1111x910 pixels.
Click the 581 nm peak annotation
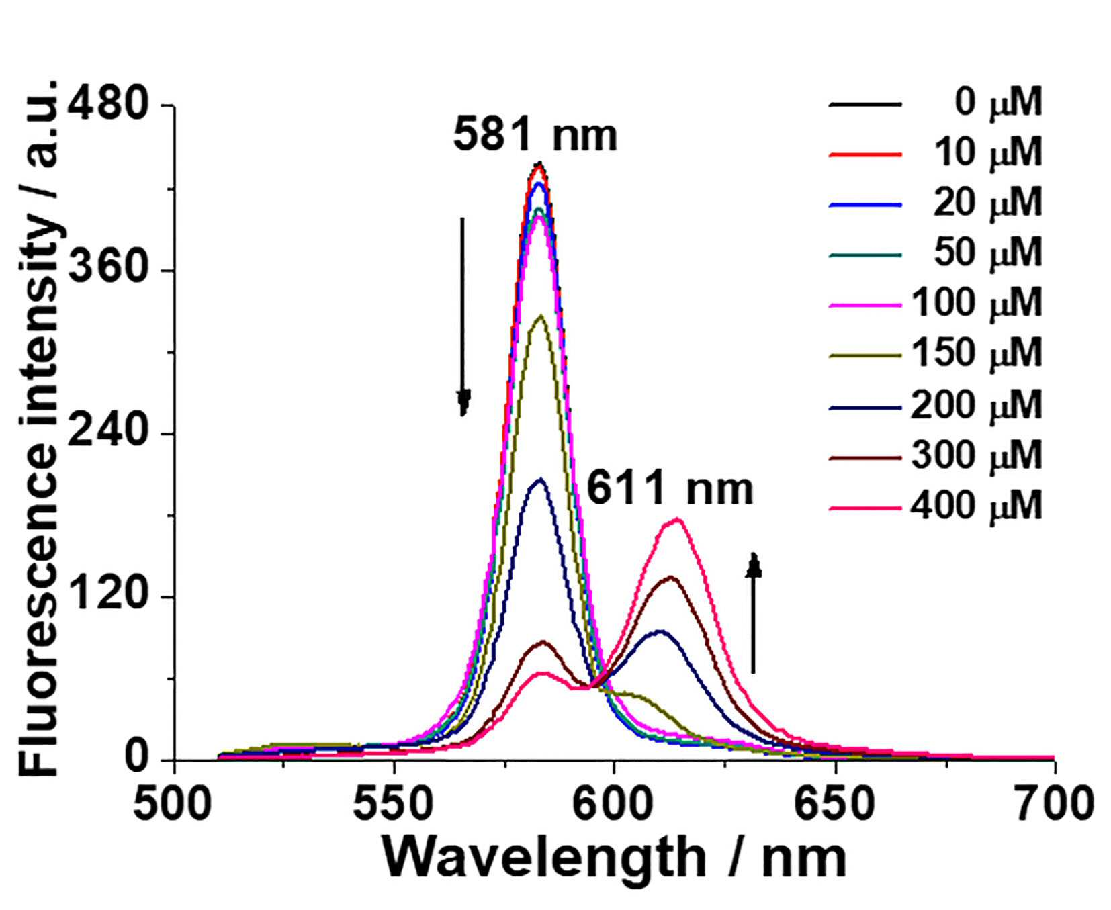535,135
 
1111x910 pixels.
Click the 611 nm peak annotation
670,489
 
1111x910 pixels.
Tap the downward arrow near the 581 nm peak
463,316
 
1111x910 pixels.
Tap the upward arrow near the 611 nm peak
754,612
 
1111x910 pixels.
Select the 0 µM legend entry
936,104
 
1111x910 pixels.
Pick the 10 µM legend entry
936,154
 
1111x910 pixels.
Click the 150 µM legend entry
936,354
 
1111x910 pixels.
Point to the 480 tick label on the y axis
111,106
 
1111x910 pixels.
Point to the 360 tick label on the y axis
111,270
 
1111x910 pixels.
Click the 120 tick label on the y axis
111,596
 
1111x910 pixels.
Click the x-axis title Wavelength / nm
615,858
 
